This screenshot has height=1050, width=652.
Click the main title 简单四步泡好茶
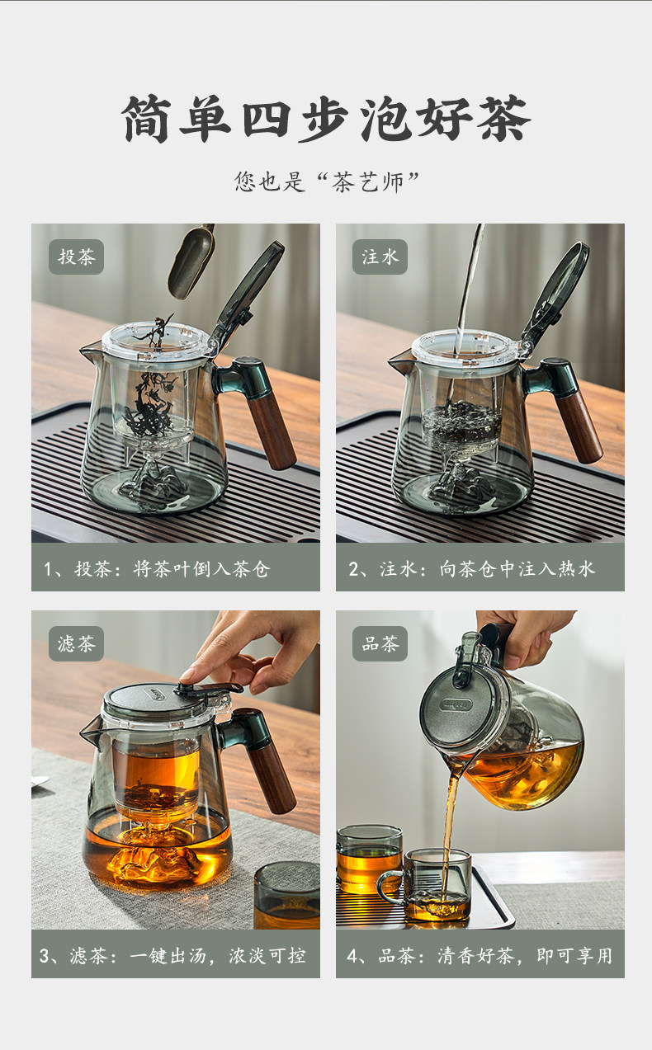325,118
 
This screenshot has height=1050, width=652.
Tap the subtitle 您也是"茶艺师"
327,181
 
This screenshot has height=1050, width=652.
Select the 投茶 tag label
77,257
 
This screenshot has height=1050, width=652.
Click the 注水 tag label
380,257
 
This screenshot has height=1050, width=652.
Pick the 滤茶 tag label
77,643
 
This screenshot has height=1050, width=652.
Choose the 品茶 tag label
380,643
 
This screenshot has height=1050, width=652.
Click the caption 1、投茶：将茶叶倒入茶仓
157,569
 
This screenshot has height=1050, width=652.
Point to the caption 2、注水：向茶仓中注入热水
471,569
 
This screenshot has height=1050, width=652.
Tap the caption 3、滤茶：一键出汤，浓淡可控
172,956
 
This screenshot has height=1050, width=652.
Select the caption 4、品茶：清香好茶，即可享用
480,956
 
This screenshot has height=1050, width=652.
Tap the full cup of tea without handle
369,859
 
